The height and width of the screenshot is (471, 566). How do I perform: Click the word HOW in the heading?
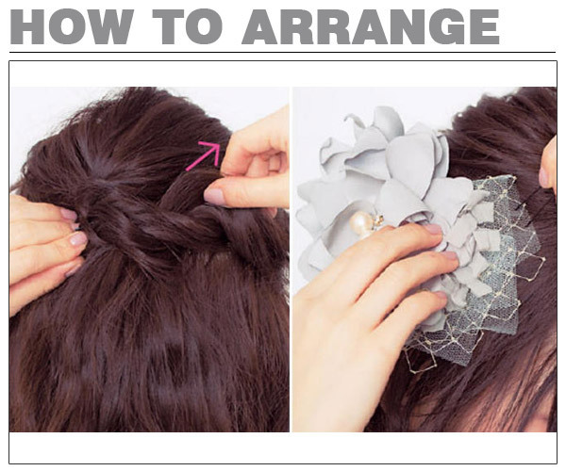(71, 27)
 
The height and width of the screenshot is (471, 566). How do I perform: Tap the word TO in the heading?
(188, 27)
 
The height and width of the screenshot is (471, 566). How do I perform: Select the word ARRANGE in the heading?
(371, 27)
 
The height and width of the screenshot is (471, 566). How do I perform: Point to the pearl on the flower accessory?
(359, 221)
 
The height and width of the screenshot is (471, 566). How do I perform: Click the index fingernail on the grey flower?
(434, 229)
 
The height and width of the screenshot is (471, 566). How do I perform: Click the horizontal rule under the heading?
(282, 52)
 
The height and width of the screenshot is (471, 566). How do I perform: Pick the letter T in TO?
(168, 27)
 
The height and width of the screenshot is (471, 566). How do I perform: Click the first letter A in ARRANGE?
(261, 27)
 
